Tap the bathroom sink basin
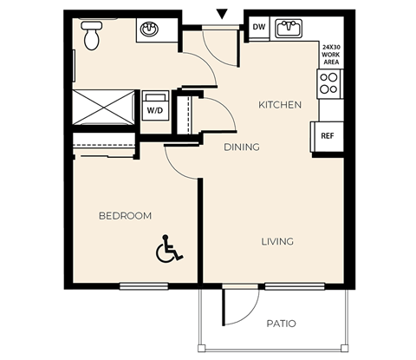click(149, 29)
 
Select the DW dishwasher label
click(258, 28)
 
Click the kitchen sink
click(289, 29)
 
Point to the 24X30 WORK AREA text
click(331, 55)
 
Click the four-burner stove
click(329, 83)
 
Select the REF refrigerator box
click(327, 136)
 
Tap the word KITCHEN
click(280, 105)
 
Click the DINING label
click(242, 147)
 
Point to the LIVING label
click(278, 241)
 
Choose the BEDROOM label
click(125, 215)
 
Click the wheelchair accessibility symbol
click(168, 250)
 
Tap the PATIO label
click(280, 324)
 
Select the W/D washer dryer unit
click(155, 107)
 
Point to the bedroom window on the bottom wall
click(144, 285)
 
